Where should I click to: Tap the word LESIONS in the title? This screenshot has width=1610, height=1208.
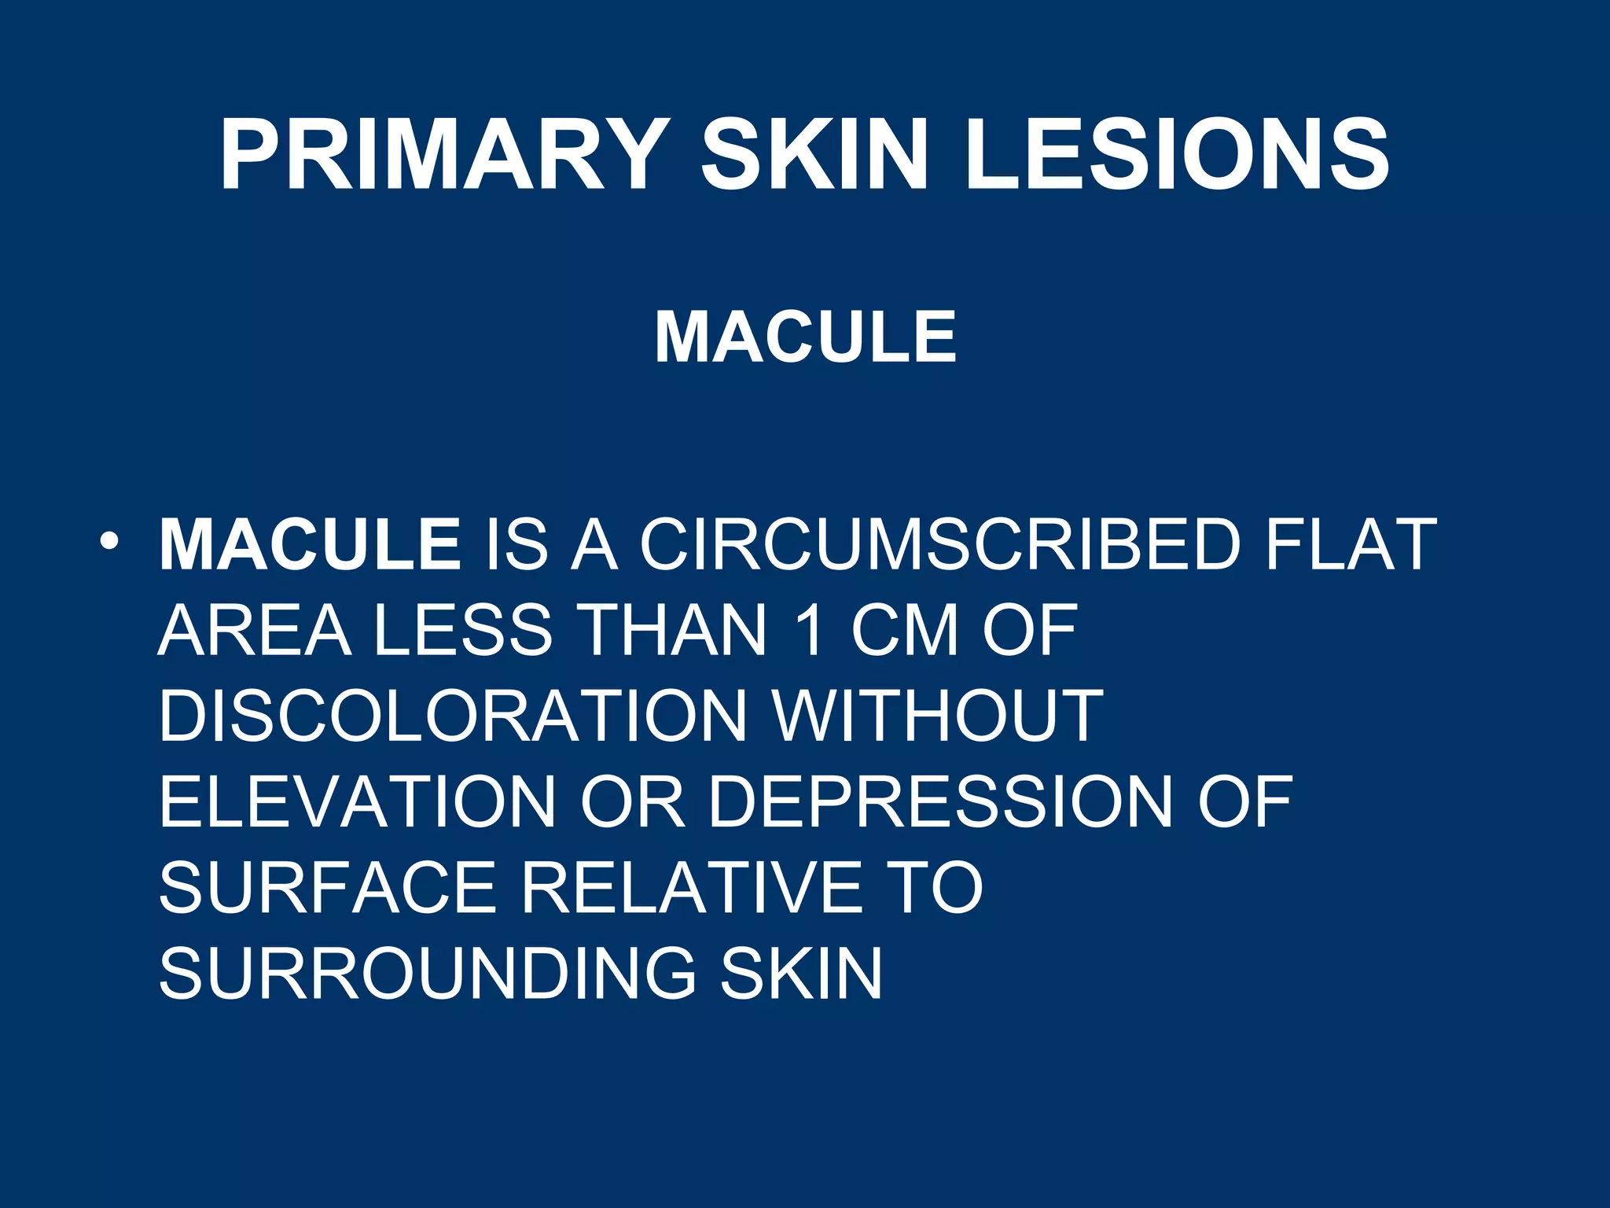1178,155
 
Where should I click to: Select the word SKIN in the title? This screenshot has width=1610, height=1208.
815,155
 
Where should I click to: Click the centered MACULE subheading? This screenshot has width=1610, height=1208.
805,337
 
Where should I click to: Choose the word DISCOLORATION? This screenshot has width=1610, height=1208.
452,716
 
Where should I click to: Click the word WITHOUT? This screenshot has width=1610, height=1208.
938,716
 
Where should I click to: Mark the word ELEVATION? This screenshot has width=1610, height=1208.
358,802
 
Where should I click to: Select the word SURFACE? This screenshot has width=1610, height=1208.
328,888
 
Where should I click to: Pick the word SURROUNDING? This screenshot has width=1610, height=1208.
428,974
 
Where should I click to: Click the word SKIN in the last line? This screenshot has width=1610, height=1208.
801,974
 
